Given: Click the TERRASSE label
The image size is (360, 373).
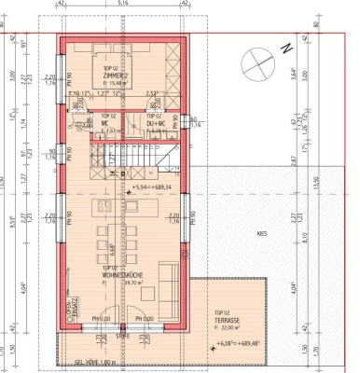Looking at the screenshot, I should pos(228,319).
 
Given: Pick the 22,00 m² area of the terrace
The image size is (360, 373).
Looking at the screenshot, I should pos(229,326).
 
